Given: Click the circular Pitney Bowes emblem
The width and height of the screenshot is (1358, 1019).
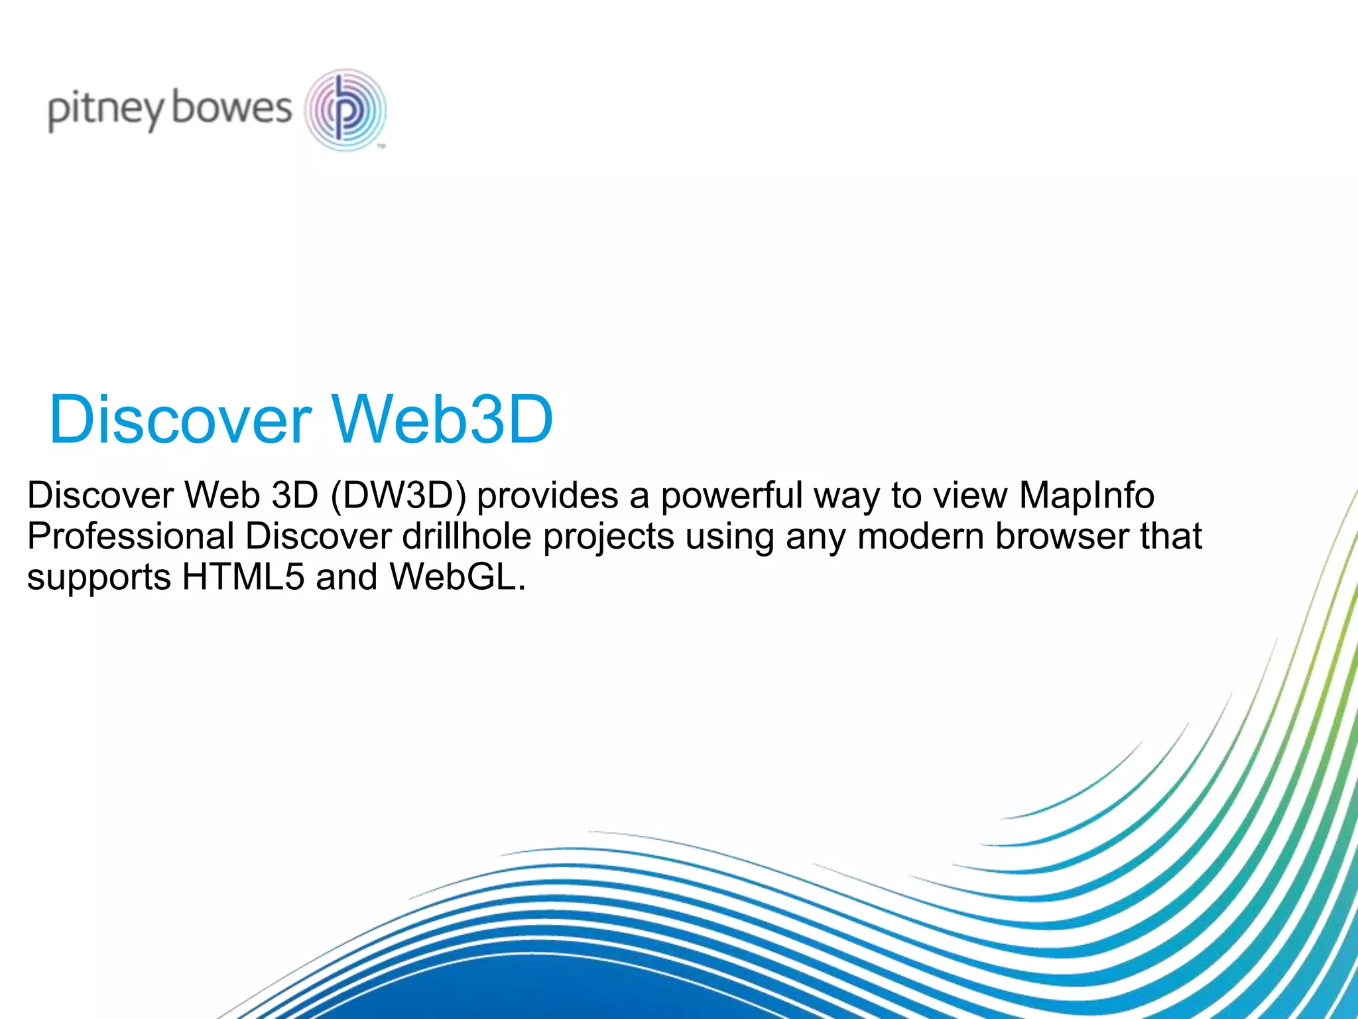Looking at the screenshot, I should [x=345, y=109].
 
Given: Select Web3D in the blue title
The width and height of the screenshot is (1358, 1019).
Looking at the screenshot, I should [x=442, y=419].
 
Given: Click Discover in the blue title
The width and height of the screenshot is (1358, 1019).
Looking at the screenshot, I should [x=180, y=419].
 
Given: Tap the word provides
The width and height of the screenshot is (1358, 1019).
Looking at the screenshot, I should [x=547, y=496].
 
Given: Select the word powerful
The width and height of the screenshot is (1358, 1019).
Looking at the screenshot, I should [x=732, y=496].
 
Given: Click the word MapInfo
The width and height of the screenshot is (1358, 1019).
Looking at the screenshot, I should [x=1087, y=496].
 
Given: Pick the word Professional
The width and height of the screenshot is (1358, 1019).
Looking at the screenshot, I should [x=131, y=536].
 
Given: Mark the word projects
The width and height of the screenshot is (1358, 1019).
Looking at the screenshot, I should [x=608, y=537].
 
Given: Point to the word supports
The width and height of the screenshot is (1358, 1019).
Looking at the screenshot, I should [x=99, y=578].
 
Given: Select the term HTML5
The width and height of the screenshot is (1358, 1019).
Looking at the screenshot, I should [x=243, y=577].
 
